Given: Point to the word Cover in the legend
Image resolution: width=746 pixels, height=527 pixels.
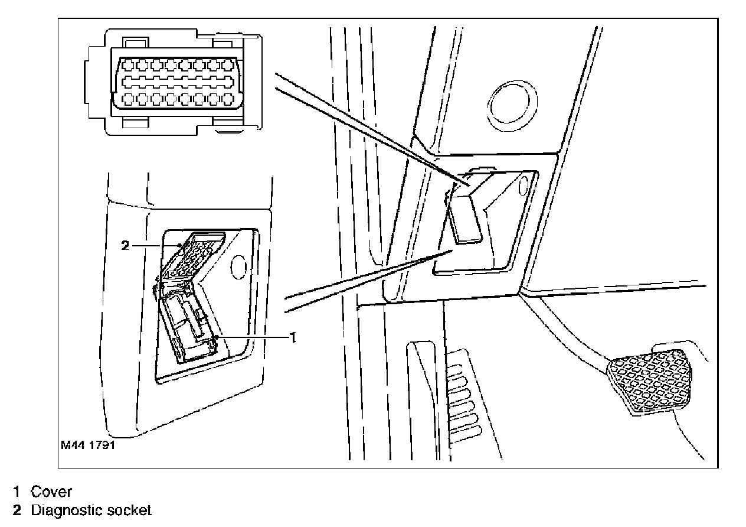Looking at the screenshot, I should pyautogui.click(x=51, y=491).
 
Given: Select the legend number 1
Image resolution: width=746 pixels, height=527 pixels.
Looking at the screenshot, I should pyautogui.click(x=18, y=491).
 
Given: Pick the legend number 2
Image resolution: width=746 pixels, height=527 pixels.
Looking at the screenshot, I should pyautogui.click(x=18, y=510).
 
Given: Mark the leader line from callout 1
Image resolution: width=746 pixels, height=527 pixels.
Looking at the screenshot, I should pyautogui.click(x=254, y=337).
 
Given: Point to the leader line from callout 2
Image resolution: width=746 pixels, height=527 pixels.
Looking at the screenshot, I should pyautogui.click(x=155, y=245).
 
